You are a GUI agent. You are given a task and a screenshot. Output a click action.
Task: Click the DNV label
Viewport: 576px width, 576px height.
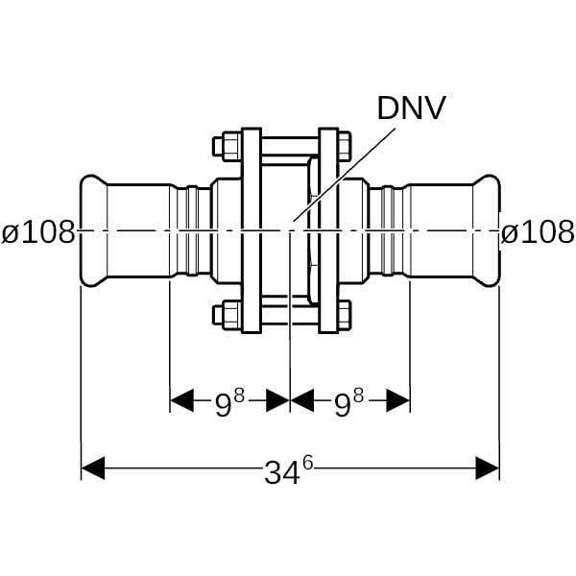tap(411, 108)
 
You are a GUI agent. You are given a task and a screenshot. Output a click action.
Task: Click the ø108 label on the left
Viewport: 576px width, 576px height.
tap(38, 231)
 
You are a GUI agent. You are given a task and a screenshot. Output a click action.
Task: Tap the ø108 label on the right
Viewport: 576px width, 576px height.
tap(538, 231)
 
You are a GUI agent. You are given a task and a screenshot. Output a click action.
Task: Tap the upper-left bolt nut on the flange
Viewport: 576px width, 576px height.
tap(227, 147)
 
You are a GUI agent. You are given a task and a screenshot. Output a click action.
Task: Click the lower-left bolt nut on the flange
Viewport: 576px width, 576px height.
tap(227, 314)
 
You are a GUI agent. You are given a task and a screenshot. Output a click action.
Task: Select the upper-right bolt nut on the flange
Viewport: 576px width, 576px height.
tap(344, 147)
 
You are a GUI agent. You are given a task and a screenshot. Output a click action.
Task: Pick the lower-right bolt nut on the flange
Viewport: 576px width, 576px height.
tap(344, 314)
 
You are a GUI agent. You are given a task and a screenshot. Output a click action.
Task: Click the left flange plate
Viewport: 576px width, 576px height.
tap(251, 230)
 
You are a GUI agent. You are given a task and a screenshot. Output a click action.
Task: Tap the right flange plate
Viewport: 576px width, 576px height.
tap(328, 230)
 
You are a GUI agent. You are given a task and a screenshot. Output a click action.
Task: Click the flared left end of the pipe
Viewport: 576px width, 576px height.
tap(92, 230)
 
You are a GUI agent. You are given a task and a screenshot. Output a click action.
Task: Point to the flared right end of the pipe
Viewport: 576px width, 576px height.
tap(488, 230)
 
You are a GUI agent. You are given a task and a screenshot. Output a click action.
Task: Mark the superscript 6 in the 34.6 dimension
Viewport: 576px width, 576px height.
tap(307, 462)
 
